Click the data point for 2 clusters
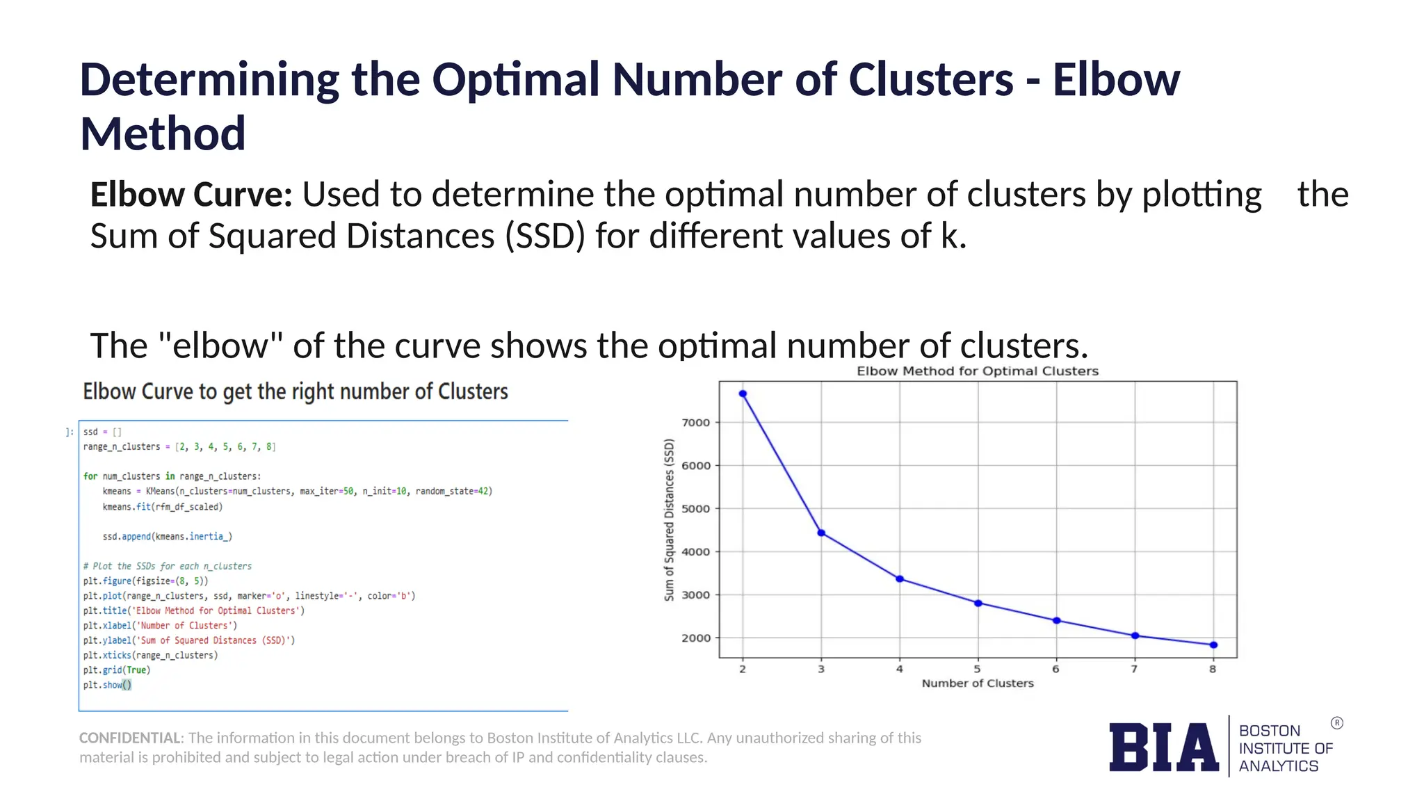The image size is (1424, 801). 743,394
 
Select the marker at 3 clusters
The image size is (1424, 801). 821,533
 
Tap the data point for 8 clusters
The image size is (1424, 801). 1213,645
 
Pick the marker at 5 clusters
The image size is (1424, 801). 978,604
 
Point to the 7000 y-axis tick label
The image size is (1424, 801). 695,423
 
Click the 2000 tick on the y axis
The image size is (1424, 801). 695,638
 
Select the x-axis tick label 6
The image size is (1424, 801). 1055,669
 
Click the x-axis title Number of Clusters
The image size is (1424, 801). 978,683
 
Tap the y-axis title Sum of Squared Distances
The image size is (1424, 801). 669,520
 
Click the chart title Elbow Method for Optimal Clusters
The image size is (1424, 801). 978,371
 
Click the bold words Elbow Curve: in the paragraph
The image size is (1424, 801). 191,195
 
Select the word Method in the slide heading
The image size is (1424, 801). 163,133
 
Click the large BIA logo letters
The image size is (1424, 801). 1163,747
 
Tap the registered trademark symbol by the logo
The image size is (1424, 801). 1336,723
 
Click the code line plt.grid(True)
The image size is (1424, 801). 117,670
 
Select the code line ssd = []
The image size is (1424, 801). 102,432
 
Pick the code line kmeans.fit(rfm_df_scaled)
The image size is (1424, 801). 163,507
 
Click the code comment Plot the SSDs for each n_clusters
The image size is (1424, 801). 168,566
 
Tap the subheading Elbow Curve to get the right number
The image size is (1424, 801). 296,391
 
